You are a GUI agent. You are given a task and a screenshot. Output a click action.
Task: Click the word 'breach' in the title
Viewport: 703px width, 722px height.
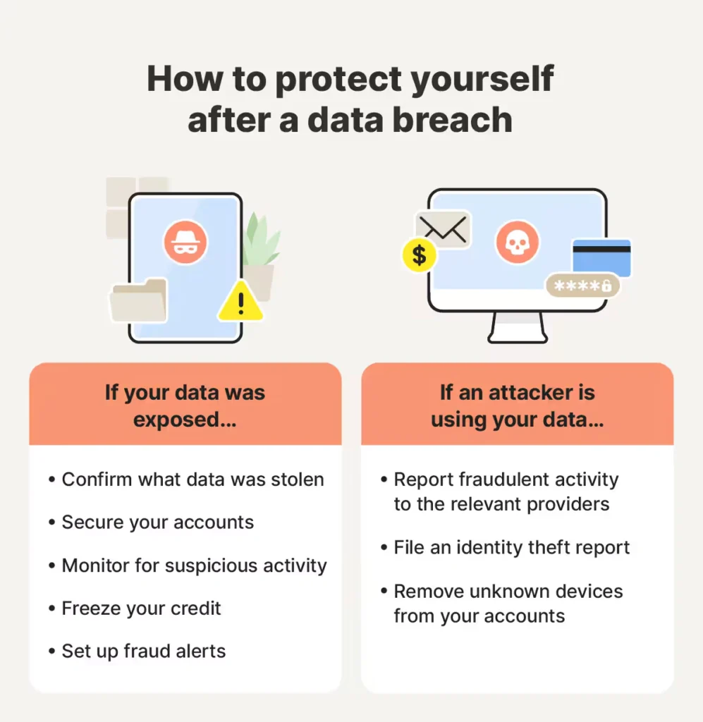pos(451,120)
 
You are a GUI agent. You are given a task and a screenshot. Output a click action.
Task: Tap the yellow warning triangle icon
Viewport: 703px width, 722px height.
pos(240,302)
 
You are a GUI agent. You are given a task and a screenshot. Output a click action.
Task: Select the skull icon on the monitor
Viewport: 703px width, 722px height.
pos(517,243)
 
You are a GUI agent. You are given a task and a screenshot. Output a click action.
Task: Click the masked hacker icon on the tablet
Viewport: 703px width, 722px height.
pos(185,242)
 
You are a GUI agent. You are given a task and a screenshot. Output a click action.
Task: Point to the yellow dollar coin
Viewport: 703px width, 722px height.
pos(419,254)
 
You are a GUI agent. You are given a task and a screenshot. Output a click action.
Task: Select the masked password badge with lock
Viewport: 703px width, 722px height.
pos(582,286)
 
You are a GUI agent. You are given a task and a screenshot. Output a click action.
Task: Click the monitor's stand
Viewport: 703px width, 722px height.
pos(517,328)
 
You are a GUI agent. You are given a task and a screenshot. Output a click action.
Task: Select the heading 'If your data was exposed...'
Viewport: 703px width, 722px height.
pos(185,405)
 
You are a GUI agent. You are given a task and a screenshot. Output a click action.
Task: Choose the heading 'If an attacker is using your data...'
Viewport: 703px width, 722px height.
pos(517,405)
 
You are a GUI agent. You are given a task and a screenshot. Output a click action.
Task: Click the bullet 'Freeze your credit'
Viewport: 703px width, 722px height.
pos(141,608)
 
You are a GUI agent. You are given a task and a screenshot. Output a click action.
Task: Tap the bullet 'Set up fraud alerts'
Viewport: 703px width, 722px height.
pos(143,651)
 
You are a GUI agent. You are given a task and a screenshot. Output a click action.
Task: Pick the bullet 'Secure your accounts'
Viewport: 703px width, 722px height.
pos(157,522)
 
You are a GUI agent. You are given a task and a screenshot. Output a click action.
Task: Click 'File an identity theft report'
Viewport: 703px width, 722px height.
pos(511,547)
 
